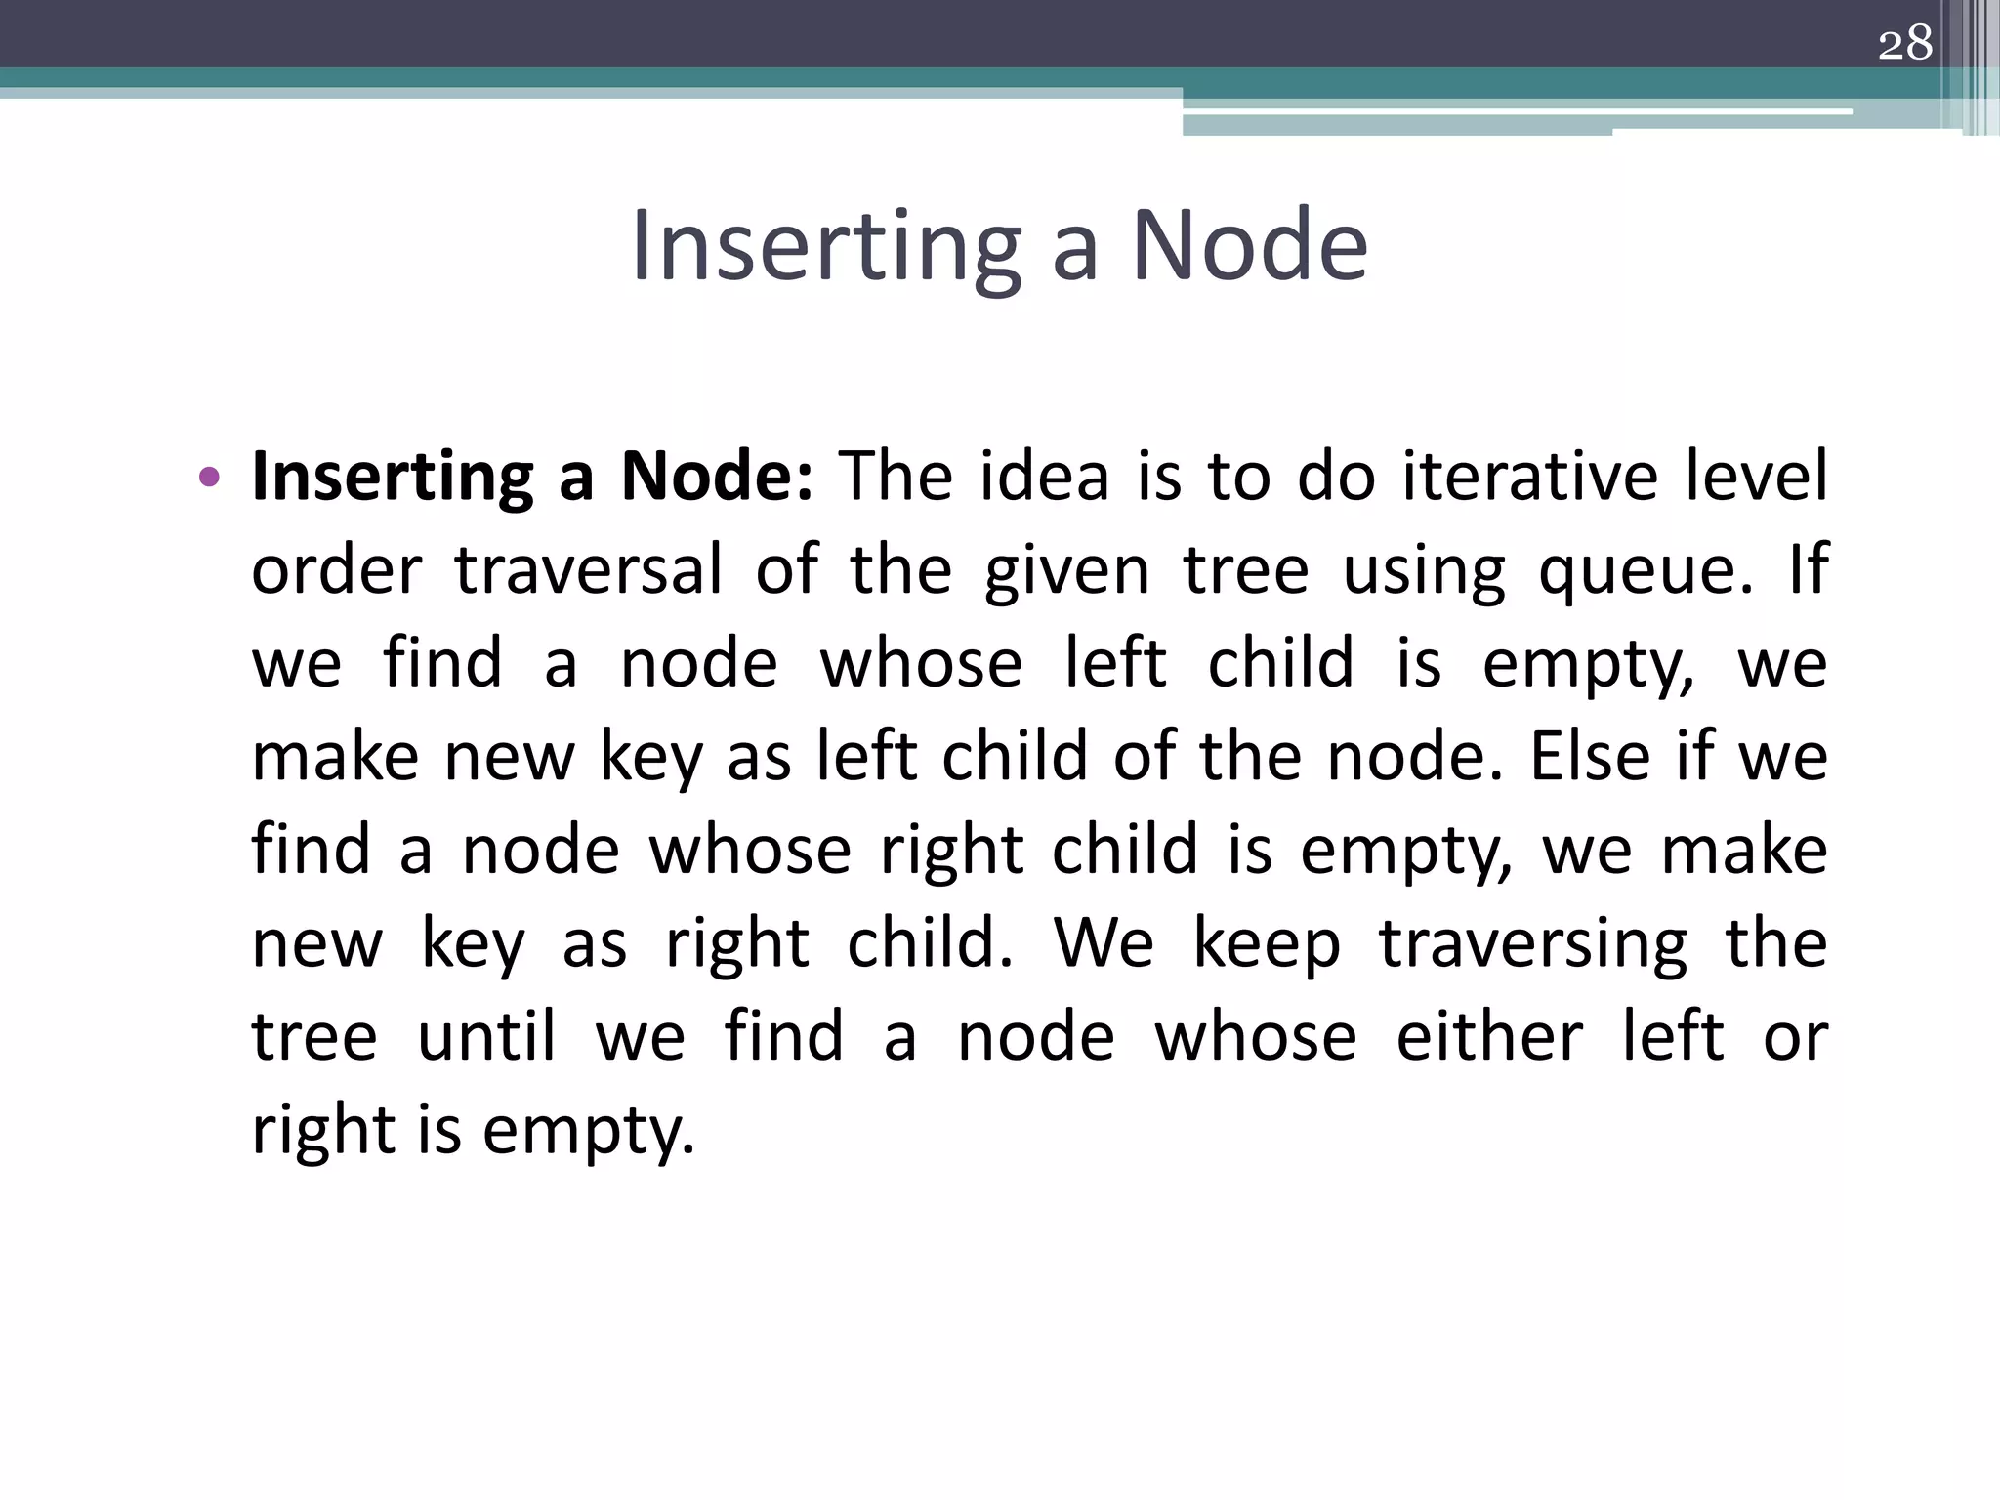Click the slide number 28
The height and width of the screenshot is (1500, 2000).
point(1905,44)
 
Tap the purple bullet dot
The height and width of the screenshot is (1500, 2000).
point(208,478)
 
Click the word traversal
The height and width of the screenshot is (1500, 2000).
point(588,569)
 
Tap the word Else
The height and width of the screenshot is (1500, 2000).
point(1589,756)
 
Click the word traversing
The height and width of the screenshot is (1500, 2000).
point(1532,944)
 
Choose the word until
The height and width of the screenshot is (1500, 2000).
point(486,1036)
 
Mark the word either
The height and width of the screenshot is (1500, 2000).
point(1488,1036)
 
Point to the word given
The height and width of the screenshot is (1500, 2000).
point(1067,571)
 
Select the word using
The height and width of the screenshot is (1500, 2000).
point(1424,571)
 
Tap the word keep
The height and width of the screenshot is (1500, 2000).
point(1267,944)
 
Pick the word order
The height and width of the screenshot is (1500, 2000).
point(337,569)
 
